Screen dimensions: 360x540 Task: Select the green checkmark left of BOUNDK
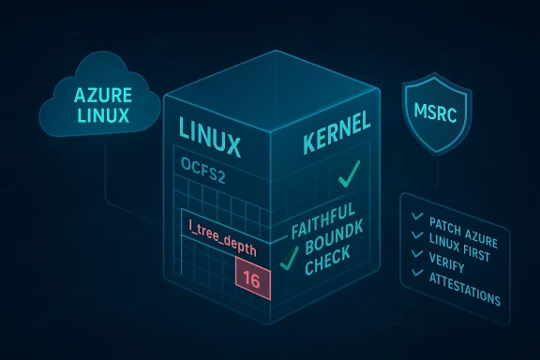(x=290, y=257)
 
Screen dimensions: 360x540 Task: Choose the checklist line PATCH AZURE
(x=463, y=226)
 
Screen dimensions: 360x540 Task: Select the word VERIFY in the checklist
(x=454, y=263)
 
